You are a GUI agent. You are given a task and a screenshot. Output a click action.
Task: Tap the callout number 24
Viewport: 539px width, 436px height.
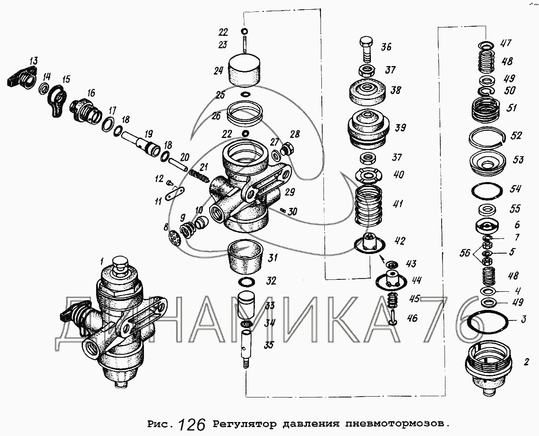[x=218, y=71]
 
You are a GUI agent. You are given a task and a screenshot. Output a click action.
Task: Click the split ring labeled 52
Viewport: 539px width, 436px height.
[x=487, y=137]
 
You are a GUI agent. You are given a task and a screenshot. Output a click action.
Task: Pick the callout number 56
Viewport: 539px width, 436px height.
[x=465, y=253]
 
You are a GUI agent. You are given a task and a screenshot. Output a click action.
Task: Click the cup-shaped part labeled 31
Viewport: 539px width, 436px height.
[x=245, y=257]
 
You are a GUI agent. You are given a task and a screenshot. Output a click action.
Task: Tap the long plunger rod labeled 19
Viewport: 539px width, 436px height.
[x=141, y=145]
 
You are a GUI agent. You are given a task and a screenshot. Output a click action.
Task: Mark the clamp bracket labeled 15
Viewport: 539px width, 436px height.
[x=58, y=101]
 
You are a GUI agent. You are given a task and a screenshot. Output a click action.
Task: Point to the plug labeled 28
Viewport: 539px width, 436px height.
[x=287, y=149]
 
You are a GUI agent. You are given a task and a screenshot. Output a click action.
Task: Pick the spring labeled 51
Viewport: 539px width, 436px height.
[x=486, y=111]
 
